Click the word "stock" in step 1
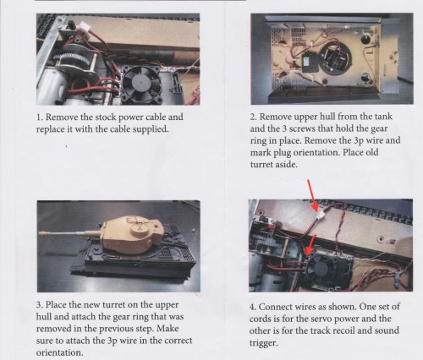[104, 116]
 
